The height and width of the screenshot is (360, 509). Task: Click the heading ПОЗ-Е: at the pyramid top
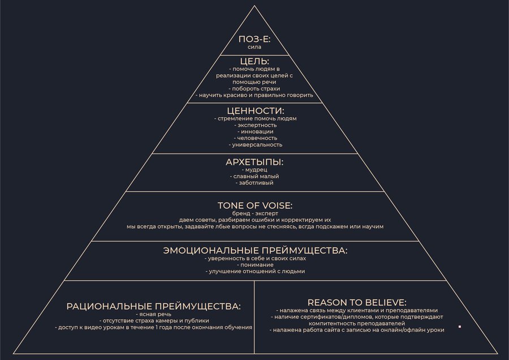coord(255,39)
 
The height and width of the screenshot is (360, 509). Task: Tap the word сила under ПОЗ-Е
coord(255,47)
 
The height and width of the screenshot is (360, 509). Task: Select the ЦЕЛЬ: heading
coord(255,61)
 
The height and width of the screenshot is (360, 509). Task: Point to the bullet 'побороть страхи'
coord(255,88)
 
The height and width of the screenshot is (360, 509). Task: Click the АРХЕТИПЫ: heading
coord(255,162)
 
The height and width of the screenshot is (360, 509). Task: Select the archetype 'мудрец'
coord(255,169)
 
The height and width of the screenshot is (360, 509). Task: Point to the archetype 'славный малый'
coord(255,176)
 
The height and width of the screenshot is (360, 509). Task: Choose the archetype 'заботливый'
coord(255,183)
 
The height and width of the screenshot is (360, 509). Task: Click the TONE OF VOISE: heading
coord(255,205)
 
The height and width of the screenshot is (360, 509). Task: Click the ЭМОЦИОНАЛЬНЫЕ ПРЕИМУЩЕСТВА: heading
coord(255,250)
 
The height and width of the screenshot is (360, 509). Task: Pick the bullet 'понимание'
coord(255,264)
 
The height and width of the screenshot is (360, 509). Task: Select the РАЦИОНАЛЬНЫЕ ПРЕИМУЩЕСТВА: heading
coord(154,306)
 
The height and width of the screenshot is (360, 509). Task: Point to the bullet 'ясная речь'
coord(154,314)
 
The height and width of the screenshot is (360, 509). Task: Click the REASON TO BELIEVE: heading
coord(357,302)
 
